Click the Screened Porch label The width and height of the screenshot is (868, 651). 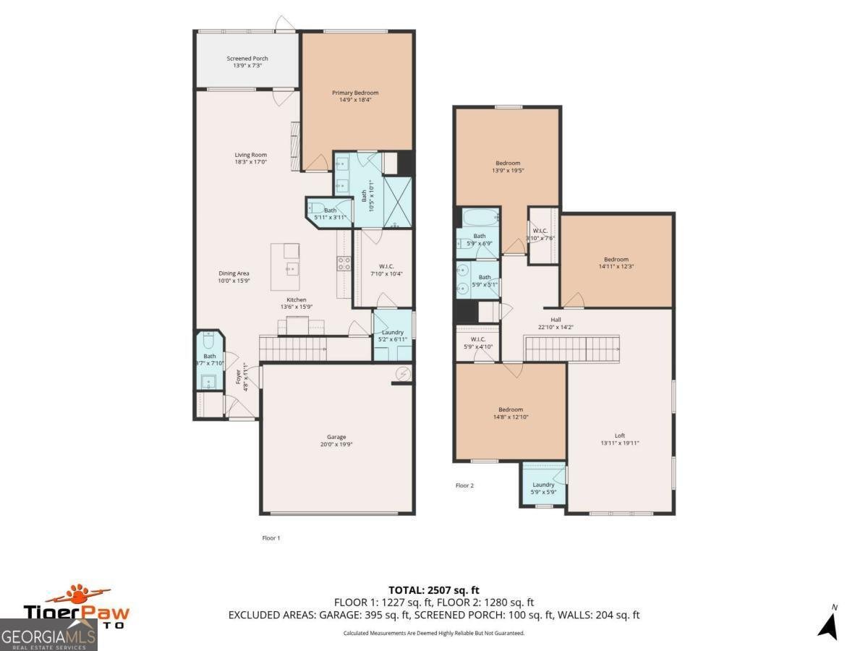click(247, 59)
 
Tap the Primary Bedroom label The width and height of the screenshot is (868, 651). click(355, 93)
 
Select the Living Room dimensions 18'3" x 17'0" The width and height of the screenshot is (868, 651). click(250, 162)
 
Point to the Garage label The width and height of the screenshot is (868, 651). click(336, 437)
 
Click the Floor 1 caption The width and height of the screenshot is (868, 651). click(271, 537)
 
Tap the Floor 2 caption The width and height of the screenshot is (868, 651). click(464, 485)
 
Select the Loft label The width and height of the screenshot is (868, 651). click(620, 435)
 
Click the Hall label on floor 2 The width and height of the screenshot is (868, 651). click(556, 319)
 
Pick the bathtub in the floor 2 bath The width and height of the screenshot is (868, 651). click(478, 216)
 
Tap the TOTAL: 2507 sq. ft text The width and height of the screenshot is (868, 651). click(434, 590)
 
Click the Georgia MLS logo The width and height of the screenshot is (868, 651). click(48, 635)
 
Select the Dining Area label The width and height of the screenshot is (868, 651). click(234, 273)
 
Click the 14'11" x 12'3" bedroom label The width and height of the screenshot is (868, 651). click(616, 259)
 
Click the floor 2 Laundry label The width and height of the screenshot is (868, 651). click(543, 485)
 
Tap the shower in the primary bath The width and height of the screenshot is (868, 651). click(396, 202)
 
